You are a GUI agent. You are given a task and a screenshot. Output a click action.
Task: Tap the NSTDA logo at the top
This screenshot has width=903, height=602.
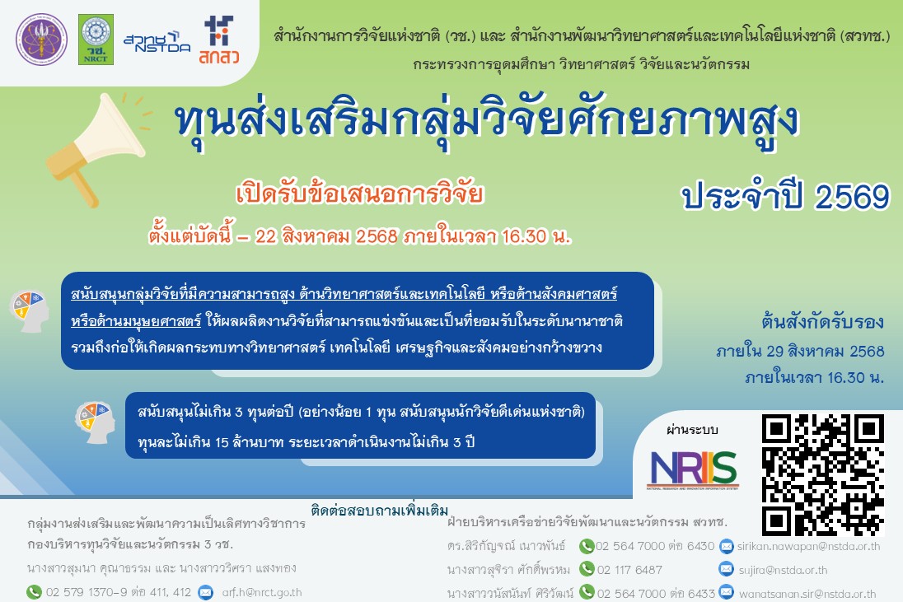coord(157,43)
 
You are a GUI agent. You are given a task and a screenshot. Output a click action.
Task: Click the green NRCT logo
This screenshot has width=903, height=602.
coord(96,40)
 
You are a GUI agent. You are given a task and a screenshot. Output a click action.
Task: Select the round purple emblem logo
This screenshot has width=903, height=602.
coord(41,40)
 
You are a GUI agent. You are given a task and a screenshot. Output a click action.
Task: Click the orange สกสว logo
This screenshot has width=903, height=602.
coord(219,40)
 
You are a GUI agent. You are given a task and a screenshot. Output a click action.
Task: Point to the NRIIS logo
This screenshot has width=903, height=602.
coord(694,469)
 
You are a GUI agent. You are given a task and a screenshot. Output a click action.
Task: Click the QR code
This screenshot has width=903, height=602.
coord(823,475)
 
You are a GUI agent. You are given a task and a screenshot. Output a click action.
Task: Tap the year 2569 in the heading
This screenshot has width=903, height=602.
coord(852,197)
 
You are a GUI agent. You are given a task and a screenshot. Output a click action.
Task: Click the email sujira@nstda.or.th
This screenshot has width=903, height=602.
coord(784,571)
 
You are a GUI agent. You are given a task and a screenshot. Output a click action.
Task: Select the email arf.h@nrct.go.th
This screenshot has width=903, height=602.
coord(262,592)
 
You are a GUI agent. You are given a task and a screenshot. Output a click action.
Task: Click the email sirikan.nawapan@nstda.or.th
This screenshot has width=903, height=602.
coord(808,546)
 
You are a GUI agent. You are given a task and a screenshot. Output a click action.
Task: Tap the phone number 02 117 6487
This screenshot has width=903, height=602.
coord(629,570)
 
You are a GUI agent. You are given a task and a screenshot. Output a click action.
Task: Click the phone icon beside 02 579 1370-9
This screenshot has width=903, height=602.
coord(34,591)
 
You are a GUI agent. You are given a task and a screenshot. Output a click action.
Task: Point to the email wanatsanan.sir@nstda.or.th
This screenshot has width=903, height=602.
coord(807,594)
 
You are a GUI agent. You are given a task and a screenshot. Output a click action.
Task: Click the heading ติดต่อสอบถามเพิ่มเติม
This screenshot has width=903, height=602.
coord(380,510)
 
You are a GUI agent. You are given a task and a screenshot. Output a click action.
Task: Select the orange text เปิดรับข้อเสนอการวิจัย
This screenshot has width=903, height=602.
coord(359,194)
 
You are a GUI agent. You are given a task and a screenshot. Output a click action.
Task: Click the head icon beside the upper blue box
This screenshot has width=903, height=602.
coord(30,310)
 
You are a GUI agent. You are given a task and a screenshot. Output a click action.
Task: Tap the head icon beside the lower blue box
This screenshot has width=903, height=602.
coord(95,422)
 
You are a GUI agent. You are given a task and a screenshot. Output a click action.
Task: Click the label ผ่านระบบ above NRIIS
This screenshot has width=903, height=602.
coord(692,430)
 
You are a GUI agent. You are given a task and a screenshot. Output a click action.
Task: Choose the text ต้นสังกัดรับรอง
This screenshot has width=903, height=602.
coord(822,322)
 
